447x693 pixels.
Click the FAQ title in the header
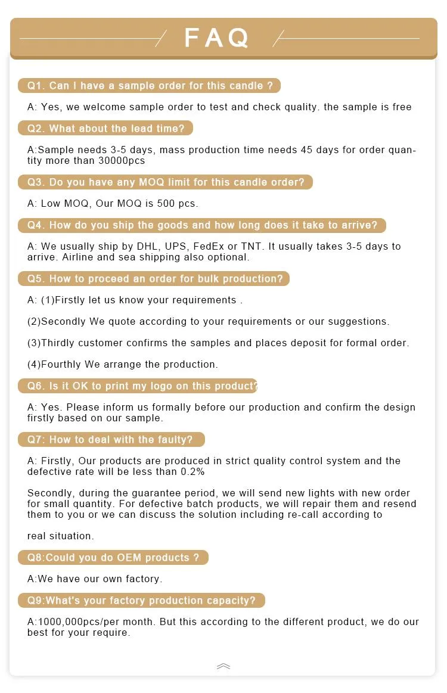216,38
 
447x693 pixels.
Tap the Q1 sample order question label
149,86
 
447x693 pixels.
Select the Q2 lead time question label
105,129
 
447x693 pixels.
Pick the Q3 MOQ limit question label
165,182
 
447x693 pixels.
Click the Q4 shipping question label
202,225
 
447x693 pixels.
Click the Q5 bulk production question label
154,279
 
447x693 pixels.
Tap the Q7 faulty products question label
111,440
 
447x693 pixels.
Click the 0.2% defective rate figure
193,472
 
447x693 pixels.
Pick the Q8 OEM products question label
113,558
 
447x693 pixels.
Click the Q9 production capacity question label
141,601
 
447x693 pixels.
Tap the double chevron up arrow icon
223,666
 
